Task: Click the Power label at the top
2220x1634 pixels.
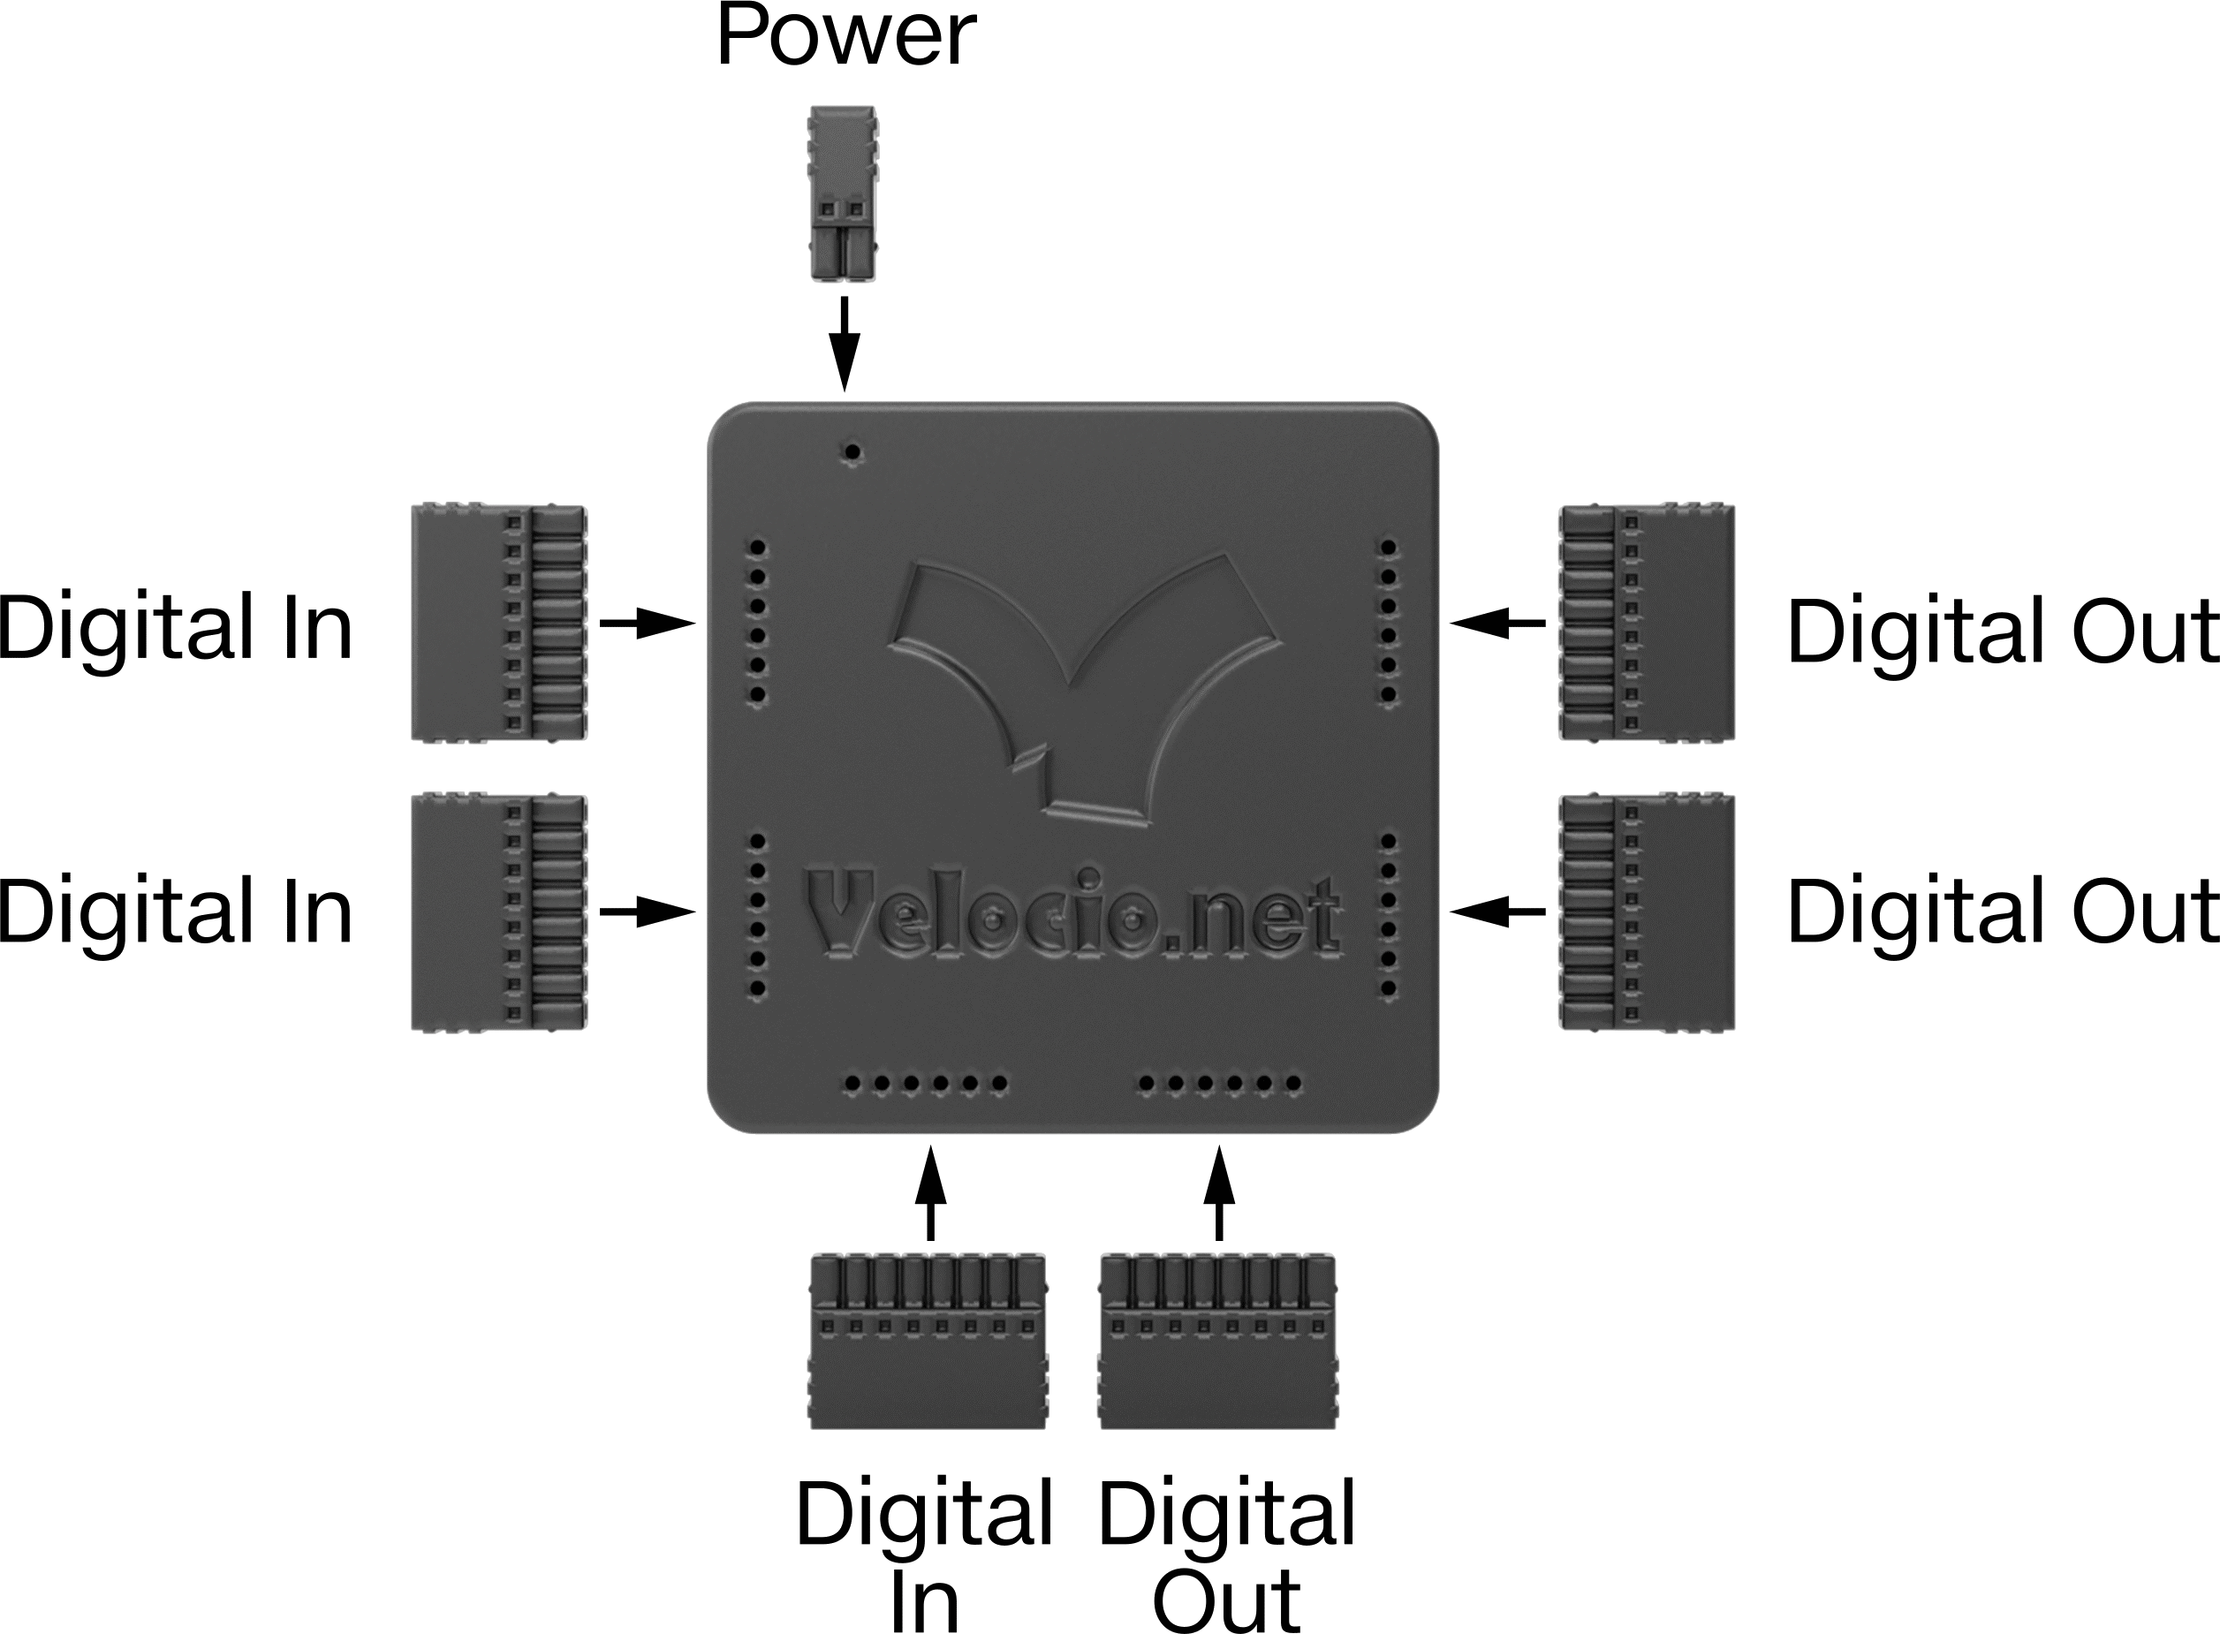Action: point(845,35)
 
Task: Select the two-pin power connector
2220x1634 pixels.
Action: point(843,193)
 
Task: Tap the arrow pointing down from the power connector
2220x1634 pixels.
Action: point(844,344)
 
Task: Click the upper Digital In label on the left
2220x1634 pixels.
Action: point(175,626)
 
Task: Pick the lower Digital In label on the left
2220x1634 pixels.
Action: point(175,910)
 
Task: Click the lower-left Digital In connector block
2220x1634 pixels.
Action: point(498,912)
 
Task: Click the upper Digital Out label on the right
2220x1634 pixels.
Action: point(2004,630)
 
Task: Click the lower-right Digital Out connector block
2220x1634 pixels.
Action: point(1646,912)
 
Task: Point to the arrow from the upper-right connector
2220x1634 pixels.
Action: point(1497,624)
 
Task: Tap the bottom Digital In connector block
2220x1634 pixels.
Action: point(928,1342)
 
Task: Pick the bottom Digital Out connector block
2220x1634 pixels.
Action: point(1218,1342)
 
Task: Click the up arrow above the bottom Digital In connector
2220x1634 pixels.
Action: point(929,1193)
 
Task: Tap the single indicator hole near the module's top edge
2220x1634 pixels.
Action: point(852,453)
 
